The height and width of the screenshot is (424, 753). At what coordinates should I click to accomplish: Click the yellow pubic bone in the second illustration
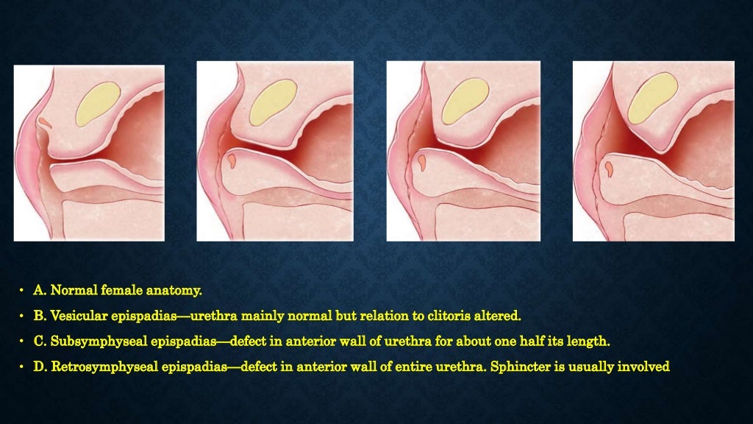click(272, 102)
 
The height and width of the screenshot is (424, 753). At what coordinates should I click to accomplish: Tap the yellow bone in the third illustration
click(465, 99)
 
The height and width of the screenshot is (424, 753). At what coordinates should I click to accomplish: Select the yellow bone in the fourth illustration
click(652, 97)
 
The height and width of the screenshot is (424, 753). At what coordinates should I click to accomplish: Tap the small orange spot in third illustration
click(423, 160)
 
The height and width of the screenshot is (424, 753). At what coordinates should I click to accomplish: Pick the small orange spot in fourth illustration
click(610, 169)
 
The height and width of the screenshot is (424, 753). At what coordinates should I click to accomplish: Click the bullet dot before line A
click(23, 292)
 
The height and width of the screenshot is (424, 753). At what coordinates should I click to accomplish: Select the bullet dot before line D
click(23, 367)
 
